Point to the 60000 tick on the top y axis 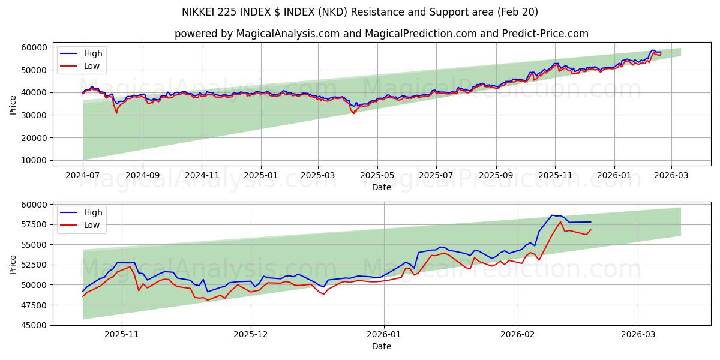(x=35, y=47)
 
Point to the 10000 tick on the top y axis (x=35, y=160)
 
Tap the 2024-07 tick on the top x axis (x=83, y=176)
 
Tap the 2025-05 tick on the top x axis (x=377, y=176)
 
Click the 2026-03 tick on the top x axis (x=671, y=176)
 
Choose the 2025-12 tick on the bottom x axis (x=251, y=335)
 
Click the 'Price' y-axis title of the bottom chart (x=13, y=264)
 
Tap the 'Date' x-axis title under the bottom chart (x=381, y=346)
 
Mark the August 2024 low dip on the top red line (x=116, y=113)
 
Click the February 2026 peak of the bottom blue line (x=552, y=215)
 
